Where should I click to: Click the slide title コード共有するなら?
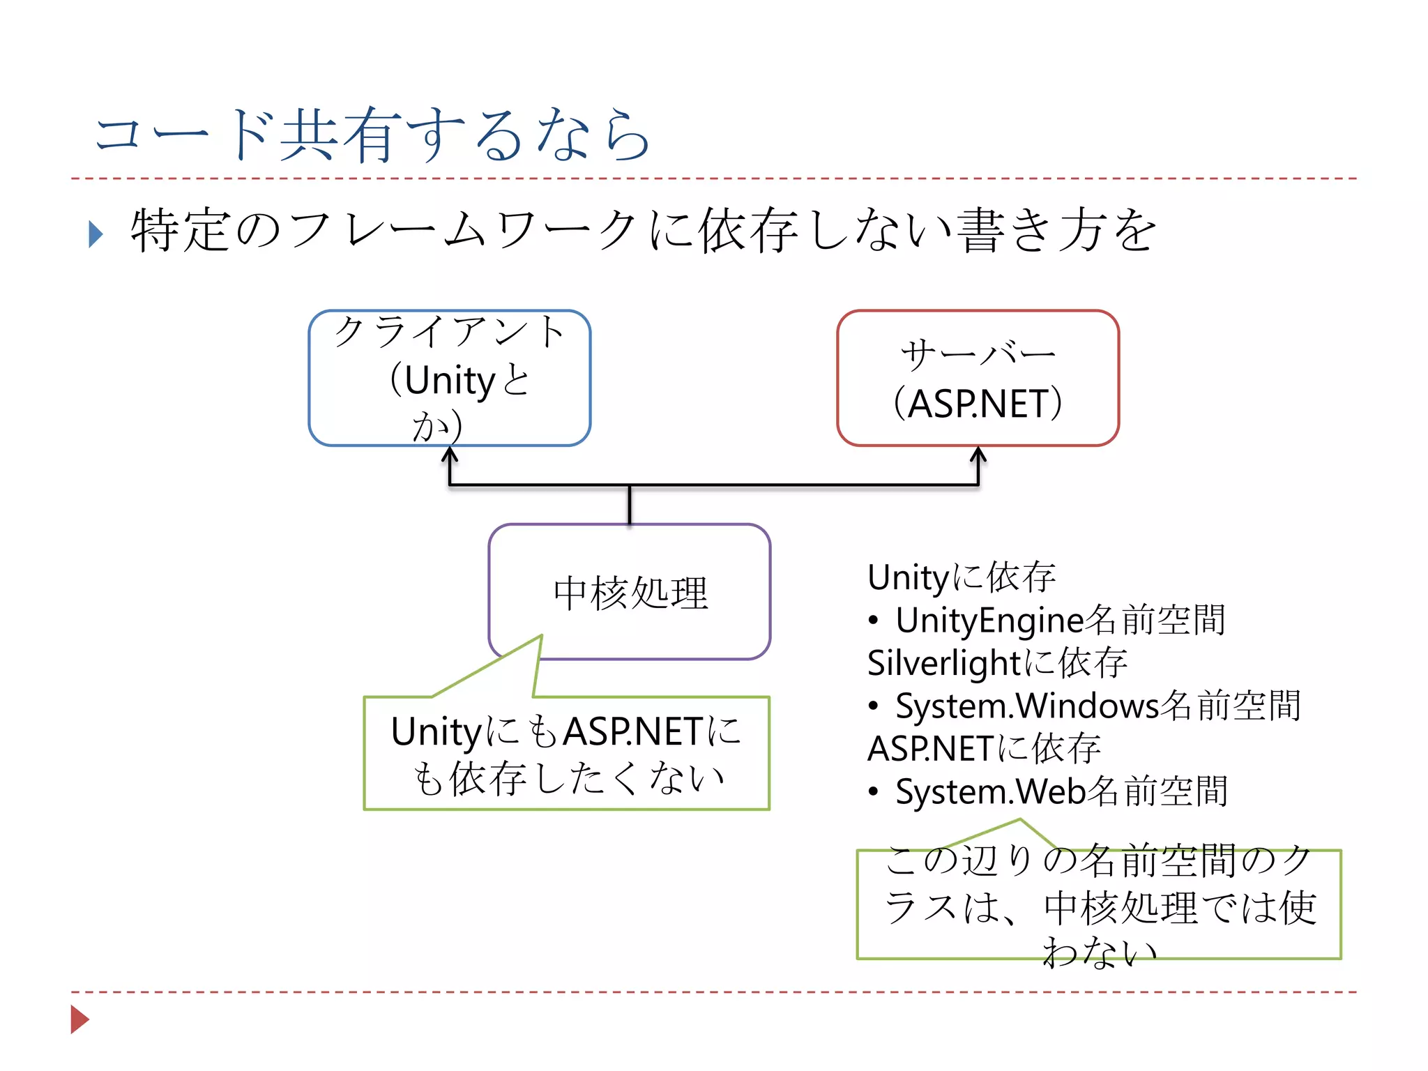click(x=373, y=135)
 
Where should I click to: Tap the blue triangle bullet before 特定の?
click(x=96, y=234)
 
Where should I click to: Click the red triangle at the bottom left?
click(x=79, y=1019)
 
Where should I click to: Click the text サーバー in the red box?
click(x=978, y=355)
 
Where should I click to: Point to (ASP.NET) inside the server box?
click(x=978, y=404)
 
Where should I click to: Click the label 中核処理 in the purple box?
click(x=630, y=593)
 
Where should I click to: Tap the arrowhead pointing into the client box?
click(x=450, y=455)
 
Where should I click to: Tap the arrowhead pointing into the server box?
click(x=978, y=455)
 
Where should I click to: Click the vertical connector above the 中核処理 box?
click(x=630, y=505)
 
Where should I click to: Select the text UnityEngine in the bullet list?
click(x=990, y=620)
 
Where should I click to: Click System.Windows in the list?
click(x=1026, y=706)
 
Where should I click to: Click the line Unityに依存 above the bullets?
click(x=961, y=577)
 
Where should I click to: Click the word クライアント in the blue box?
click(x=449, y=332)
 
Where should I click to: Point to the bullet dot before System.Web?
click(x=873, y=791)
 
